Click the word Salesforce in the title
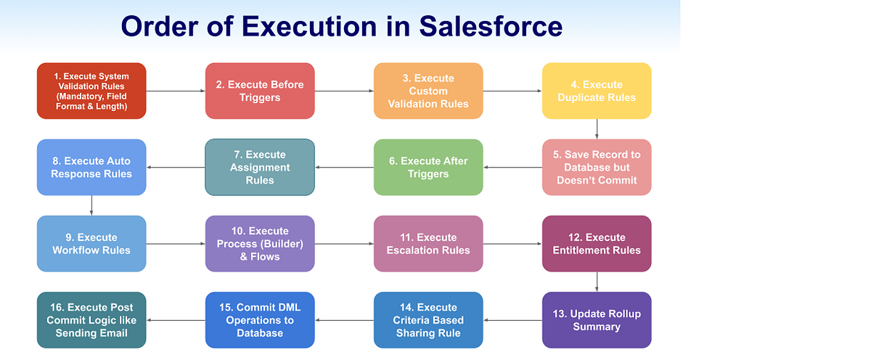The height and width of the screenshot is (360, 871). point(491,26)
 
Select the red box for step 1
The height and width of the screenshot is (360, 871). point(91,91)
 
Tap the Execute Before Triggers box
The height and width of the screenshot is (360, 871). point(260,91)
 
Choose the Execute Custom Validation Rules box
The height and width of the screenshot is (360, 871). point(428,91)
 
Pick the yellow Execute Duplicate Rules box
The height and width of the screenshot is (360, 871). point(597,91)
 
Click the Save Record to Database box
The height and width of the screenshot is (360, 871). point(597,167)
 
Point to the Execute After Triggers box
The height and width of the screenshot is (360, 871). point(428,167)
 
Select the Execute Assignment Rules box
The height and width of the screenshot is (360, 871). point(260,167)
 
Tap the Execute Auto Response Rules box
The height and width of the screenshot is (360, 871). point(91,167)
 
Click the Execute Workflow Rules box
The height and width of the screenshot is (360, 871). point(91,243)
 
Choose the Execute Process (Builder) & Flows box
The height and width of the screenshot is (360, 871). point(260,243)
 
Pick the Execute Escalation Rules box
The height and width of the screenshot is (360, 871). point(428,243)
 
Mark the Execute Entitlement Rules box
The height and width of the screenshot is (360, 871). point(597,243)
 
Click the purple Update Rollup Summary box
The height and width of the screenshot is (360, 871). point(597,319)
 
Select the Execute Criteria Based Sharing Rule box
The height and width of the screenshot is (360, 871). point(428,319)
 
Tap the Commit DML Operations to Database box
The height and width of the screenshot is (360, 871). point(260,319)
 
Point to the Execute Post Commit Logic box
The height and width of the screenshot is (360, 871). point(91,319)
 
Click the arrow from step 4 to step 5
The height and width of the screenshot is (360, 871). point(597,128)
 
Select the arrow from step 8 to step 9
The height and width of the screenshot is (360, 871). point(91,205)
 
